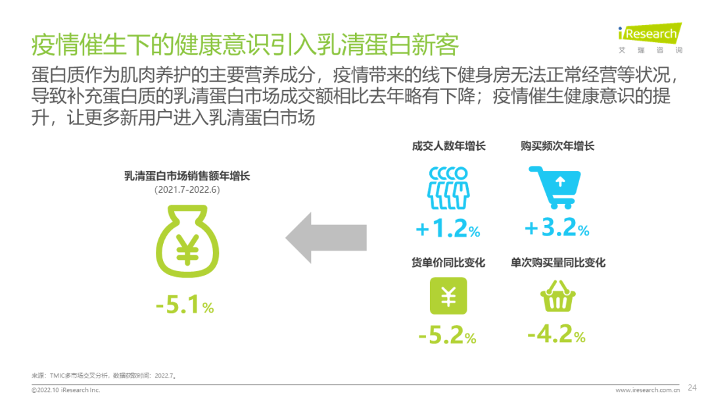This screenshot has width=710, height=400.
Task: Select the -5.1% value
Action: tap(185, 305)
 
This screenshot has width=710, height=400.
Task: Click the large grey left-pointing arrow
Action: tap(326, 238)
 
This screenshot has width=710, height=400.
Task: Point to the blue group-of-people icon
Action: tap(448, 188)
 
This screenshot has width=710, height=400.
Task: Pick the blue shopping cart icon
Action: tap(555, 187)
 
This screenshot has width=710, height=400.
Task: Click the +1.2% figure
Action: tap(448, 228)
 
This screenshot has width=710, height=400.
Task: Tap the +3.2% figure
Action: tap(557, 228)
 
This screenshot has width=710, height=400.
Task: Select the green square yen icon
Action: tap(448, 296)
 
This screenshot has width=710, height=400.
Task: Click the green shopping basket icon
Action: tap(558, 295)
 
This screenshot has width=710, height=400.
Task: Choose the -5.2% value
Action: tap(448, 336)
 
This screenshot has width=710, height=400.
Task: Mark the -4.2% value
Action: tap(557, 334)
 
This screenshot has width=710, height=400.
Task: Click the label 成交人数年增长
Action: tap(449, 146)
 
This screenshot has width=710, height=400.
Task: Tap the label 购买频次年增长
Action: tap(557, 146)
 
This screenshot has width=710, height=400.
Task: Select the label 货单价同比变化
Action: tap(448, 262)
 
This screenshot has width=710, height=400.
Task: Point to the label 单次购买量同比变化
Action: tap(558, 262)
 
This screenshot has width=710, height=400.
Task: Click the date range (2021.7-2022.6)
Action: tap(187, 190)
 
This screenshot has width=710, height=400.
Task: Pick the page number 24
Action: tap(692, 387)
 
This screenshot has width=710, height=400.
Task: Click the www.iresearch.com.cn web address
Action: tap(648, 390)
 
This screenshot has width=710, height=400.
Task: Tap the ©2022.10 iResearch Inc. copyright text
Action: tap(66, 390)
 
